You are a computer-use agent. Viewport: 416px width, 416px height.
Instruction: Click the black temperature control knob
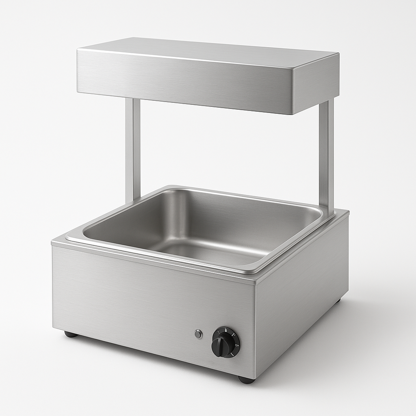point(225,342)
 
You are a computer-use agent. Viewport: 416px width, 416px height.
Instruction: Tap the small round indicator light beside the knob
point(198,334)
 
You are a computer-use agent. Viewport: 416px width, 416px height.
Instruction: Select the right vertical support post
point(326,154)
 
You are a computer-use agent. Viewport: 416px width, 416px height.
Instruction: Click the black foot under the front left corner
point(71,334)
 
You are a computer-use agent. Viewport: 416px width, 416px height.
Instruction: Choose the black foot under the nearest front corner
point(246,380)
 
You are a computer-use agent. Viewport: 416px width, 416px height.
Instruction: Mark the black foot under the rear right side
point(337,301)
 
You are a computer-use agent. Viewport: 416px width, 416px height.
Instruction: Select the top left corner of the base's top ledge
point(54,243)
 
